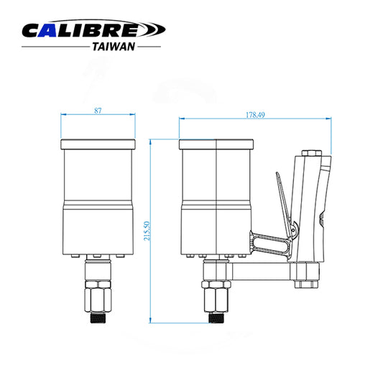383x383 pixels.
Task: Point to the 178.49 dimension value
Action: (256, 114)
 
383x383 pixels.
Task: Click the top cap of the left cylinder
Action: (98, 143)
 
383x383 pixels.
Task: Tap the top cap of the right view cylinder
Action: (216, 143)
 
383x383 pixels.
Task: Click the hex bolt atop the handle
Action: (310, 153)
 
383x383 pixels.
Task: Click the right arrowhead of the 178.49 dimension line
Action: (331, 119)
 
